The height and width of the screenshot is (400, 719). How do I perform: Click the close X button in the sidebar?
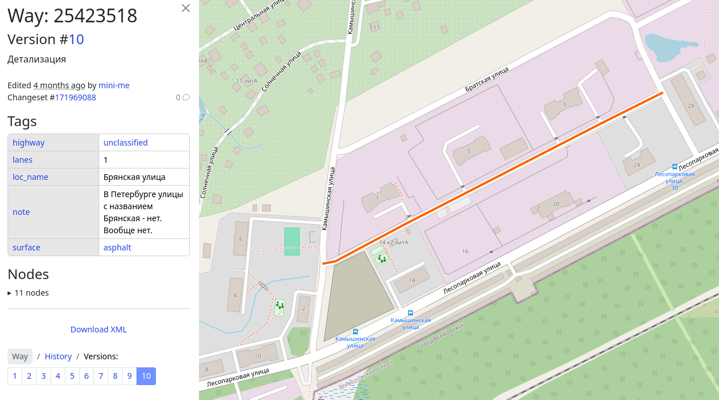coord(185,8)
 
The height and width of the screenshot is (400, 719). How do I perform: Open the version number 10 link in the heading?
coord(76,39)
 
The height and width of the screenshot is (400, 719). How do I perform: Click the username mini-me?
coord(114,85)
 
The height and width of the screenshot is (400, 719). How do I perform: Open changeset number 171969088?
coord(75,97)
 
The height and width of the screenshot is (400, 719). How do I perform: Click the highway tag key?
coord(29,143)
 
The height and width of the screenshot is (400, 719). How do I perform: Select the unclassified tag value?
coord(126,143)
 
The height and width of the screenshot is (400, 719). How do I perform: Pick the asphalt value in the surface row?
coord(117,248)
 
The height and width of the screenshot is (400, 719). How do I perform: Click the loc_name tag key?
coord(30,177)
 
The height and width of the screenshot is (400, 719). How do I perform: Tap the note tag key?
coord(21,212)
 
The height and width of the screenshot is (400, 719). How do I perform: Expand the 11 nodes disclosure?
coord(28,293)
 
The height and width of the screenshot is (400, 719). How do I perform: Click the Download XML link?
coord(99,330)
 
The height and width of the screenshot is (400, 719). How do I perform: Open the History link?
coord(58,356)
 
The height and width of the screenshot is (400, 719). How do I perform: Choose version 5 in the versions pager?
coord(72,376)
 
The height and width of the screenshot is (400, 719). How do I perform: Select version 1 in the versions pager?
coord(15,376)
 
